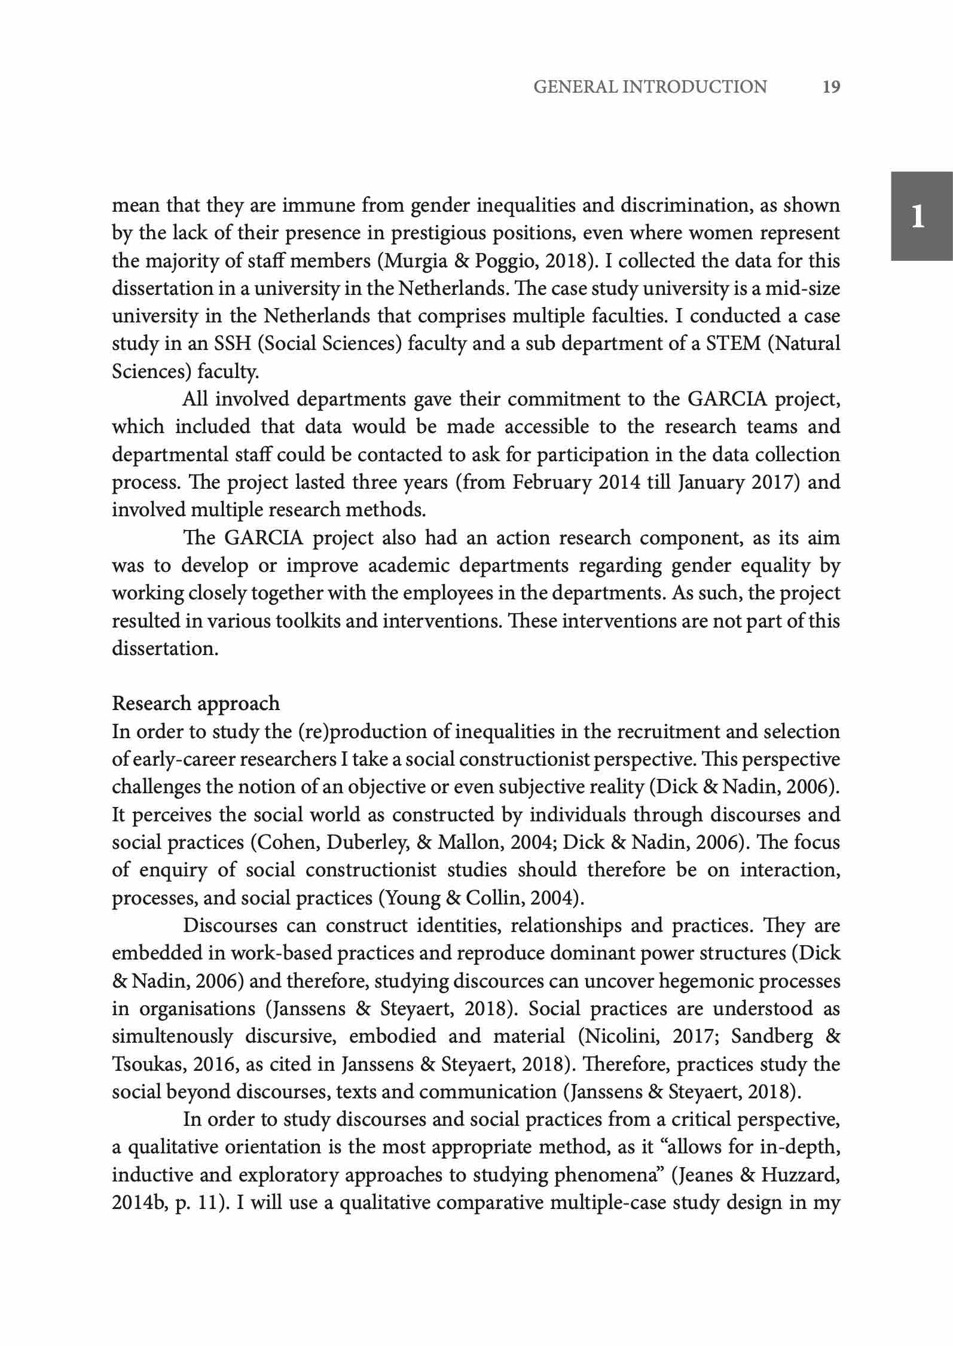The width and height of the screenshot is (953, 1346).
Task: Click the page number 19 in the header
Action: point(831,87)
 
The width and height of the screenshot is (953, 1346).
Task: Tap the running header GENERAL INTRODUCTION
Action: point(650,87)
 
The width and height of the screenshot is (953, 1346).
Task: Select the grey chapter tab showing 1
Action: point(921,216)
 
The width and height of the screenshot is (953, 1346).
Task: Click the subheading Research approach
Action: point(196,704)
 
